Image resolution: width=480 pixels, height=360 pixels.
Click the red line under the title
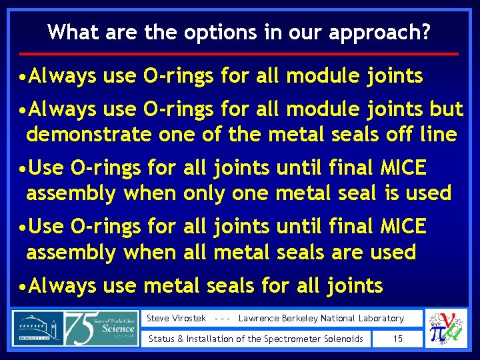(239, 53)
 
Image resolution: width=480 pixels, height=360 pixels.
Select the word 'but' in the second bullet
(447, 105)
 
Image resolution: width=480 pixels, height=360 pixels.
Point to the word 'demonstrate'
(89, 135)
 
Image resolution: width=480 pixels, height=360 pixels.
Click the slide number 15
(397, 339)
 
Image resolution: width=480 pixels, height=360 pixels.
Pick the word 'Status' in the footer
(161, 339)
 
